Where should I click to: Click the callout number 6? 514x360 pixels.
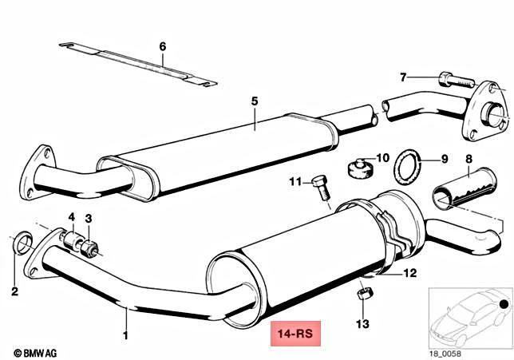[162, 46]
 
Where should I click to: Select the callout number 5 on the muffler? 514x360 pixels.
[255, 101]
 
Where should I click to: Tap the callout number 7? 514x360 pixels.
[404, 77]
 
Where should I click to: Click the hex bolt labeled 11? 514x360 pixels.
[322, 187]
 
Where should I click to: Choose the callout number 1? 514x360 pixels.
[125, 336]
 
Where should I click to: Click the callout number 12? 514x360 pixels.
[409, 273]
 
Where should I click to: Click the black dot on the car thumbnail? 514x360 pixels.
[503, 304]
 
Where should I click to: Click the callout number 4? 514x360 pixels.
[71, 217]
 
